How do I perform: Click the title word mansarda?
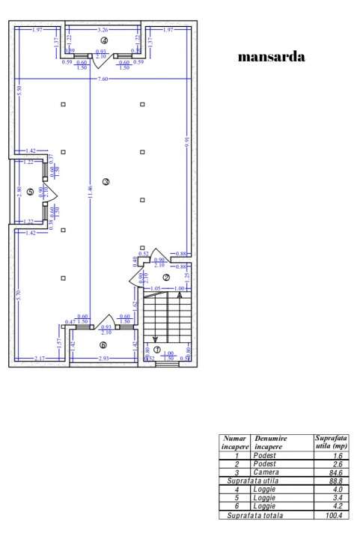[271, 56]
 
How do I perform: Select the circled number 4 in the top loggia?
[104, 40]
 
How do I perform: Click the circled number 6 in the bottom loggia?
[103, 345]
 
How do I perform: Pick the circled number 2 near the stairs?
[166, 277]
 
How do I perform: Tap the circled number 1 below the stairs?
[156, 349]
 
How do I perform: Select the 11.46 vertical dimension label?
[90, 195]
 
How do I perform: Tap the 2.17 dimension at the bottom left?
[39, 361]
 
